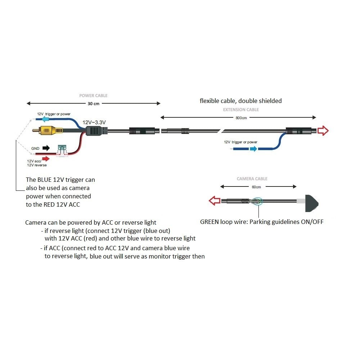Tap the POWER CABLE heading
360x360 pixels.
(x=94, y=95)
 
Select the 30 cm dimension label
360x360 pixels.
(x=94, y=104)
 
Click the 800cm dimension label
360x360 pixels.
(x=241, y=118)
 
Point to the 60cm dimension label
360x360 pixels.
(x=256, y=187)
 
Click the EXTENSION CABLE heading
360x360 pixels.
(x=241, y=110)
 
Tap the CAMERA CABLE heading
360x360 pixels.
(x=252, y=179)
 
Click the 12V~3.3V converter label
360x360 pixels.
(x=94, y=122)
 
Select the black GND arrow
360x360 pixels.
(x=46, y=148)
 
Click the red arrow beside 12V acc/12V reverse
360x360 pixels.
(x=46, y=159)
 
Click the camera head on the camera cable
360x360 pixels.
(x=311, y=203)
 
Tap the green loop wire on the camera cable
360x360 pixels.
(x=257, y=202)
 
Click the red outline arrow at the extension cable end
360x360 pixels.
(x=323, y=131)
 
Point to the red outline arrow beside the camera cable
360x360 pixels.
(x=215, y=201)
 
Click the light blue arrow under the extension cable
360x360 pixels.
(x=253, y=149)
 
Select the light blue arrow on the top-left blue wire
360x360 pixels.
(x=45, y=119)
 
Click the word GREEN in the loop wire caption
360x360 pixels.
(x=210, y=222)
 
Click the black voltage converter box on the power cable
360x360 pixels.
(x=94, y=131)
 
